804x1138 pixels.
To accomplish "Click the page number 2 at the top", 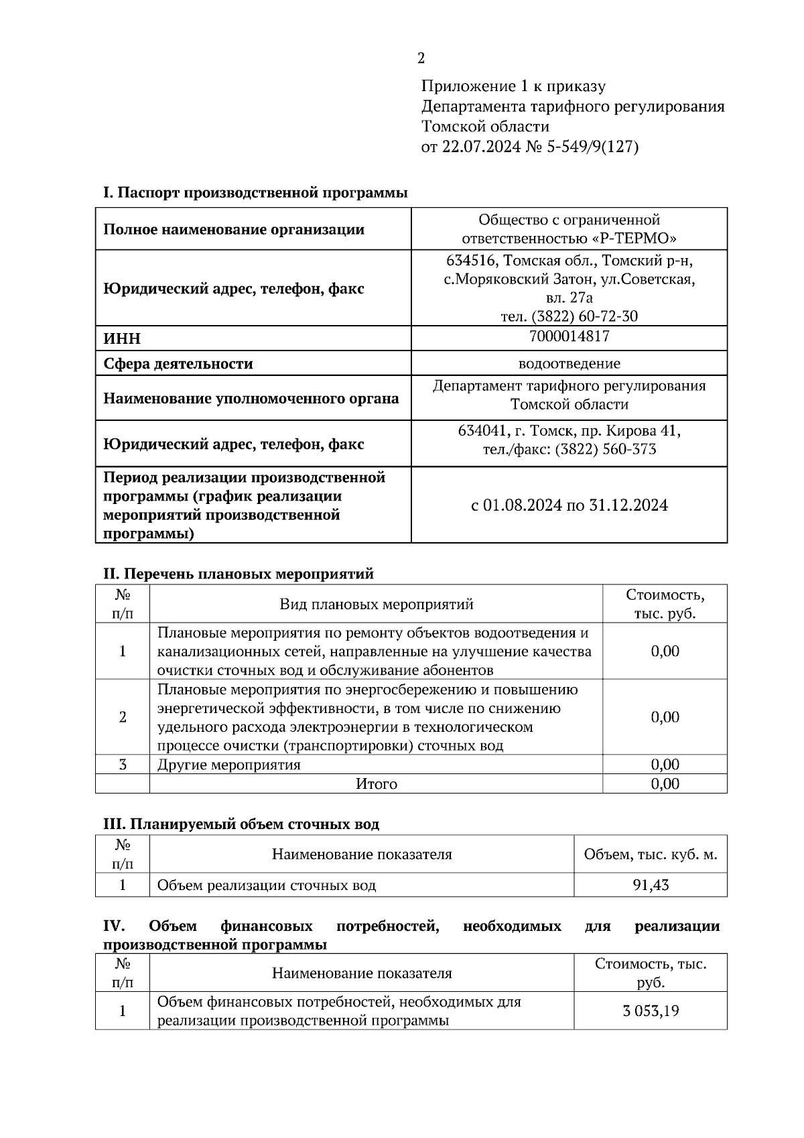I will (x=421, y=59).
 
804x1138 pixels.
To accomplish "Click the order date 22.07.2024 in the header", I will (x=480, y=147).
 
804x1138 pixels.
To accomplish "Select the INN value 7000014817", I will (x=569, y=336).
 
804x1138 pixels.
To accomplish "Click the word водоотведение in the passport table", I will (x=569, y=364).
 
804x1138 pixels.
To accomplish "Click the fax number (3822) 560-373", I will (x=605, y=449).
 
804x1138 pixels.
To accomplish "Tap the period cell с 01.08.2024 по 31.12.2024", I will (x=569, y=505).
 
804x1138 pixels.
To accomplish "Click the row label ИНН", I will (x=122, y=338).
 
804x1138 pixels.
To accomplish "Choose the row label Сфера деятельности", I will (x=178, y=364).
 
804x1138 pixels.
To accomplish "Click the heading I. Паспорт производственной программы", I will (x=255, y=193).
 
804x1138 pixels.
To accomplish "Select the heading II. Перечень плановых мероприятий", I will (x=238, y=574).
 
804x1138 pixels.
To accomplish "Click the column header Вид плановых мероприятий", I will (x=376, y=605).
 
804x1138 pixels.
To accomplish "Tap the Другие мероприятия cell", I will (x=228, y=765).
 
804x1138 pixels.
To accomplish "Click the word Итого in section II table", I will (x=376, y=784).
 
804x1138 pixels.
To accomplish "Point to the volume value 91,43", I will (x=651, y=885).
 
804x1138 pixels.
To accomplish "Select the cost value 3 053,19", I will (x=651, y=1011).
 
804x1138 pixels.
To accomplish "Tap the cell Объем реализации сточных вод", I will (x=266, y=885).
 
